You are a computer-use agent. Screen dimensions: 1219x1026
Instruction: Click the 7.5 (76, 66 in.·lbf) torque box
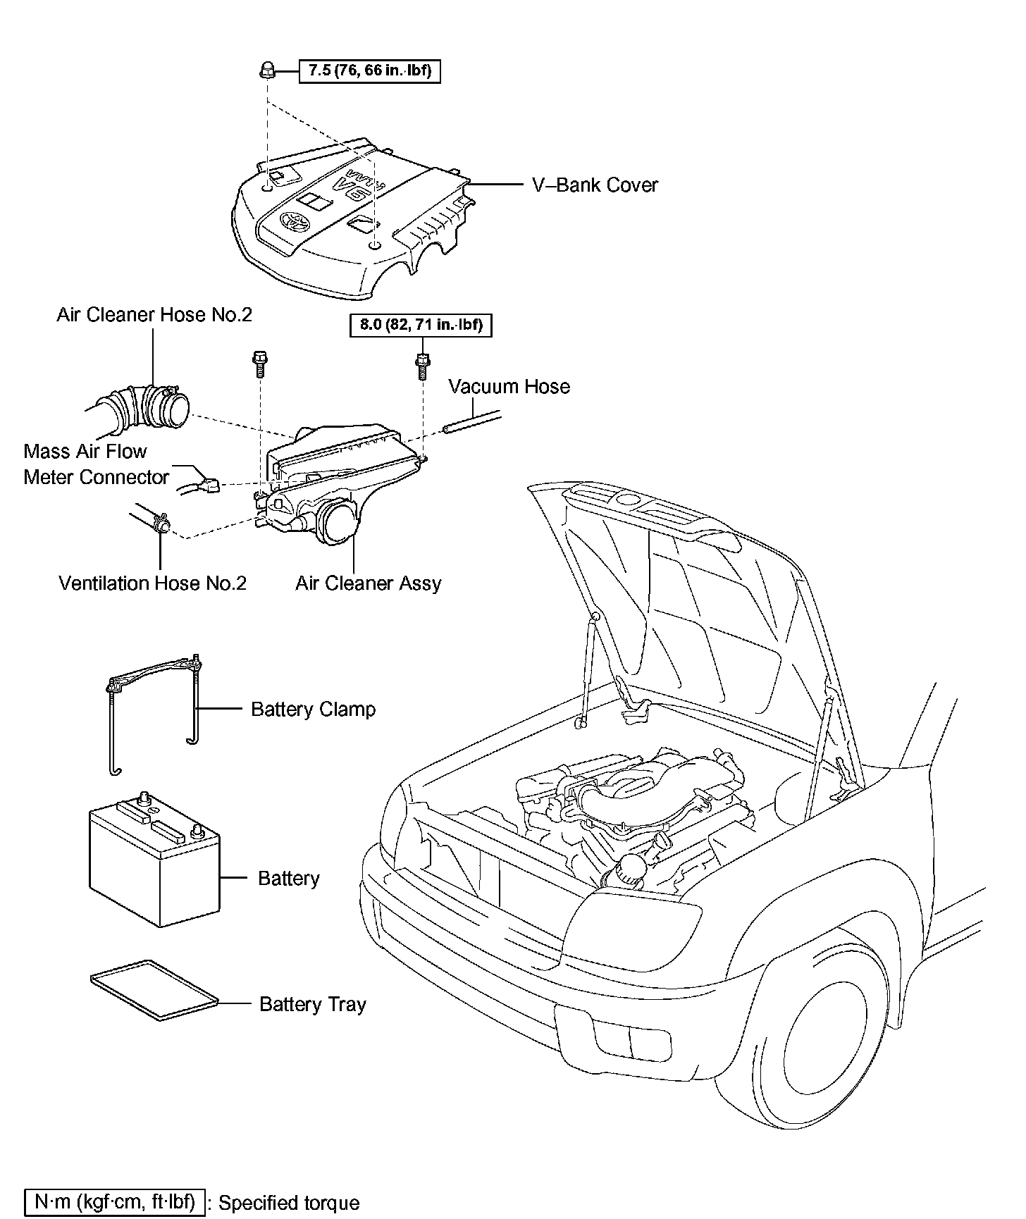pyautogui.click(x=370, y=71)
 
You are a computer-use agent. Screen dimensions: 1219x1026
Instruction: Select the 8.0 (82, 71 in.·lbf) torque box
pyautogui.click(x=421, y=326)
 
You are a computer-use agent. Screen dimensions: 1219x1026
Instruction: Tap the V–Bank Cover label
pyautogui.click(x=595, y=185)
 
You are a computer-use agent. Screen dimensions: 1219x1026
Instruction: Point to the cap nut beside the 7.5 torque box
pyautogui.click(x=266, y=70)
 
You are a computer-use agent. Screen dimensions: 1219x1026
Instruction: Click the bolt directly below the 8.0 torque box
pyautogui.click(x=422, y=366)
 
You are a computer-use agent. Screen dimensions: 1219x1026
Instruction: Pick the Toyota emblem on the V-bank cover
pyautogui.click(x=294, y=223)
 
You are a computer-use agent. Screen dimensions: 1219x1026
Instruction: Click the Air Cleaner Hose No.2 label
pyautogui.click(x=154, y=314)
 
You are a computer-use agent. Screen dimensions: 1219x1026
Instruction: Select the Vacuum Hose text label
pyautogui.click(x=509, y=387)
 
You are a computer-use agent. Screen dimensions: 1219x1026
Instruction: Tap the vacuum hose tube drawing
pyautogui.click(x=472, y=422)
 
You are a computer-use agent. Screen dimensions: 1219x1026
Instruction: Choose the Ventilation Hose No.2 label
pyautogui.click(x=153, y=583)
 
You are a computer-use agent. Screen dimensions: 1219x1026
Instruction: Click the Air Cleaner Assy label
pyautogui.click(x=368, y=583)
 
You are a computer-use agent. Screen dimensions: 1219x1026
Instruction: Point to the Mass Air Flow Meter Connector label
pyautogui.click(x=96, y=464)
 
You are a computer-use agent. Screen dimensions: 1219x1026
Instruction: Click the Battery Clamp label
pyautogui.click(x=313, y=709)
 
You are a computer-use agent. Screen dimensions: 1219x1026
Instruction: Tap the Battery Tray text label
pyautogui.click(x=313, y=1004)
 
